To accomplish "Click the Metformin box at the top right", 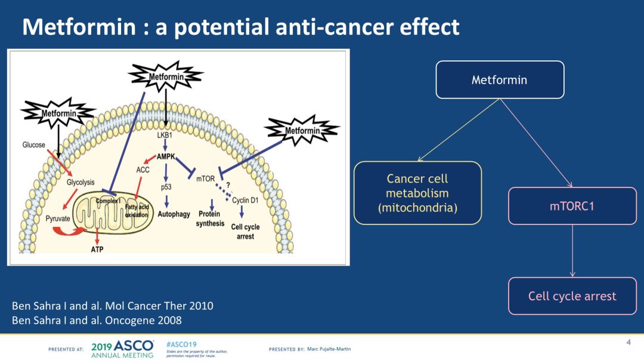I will point(500,79).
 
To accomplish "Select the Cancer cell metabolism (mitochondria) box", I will point(417,193).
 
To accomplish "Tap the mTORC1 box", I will point(572,206).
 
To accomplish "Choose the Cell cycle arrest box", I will point(572,296).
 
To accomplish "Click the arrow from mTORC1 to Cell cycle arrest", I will point(572,251).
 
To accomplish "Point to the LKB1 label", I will point(165,136).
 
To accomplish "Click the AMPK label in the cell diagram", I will point(166,156).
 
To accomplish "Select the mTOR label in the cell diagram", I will point(205,177).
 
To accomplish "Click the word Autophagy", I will point(174,214).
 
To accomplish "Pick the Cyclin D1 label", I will point(245,201).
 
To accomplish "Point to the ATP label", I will point(97,249).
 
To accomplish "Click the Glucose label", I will point(34,145).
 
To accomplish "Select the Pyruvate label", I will point(58,219).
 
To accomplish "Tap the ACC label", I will point(143,170).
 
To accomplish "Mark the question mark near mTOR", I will point(228,185).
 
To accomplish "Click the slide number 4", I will point(628,342).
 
